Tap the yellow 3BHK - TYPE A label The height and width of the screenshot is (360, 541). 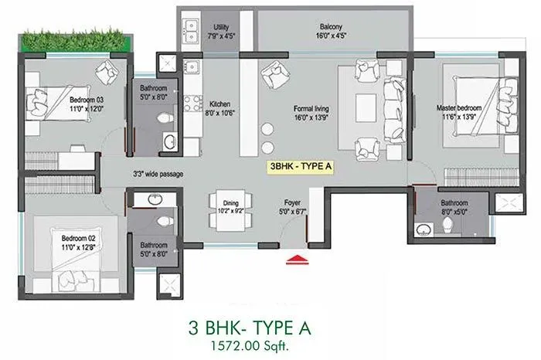pos(300,166)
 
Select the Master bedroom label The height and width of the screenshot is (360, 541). pos(460,113)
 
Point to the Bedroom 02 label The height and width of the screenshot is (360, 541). pos(78,243)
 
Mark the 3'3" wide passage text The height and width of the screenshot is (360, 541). pos(158,174)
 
